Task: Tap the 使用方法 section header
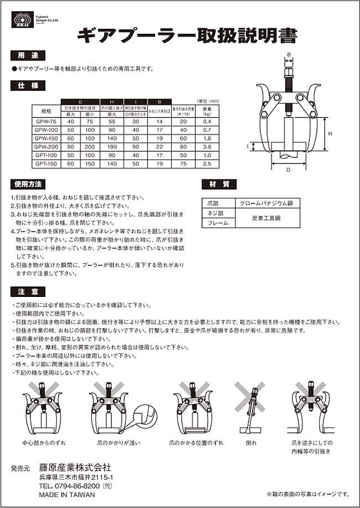tap(27, 184)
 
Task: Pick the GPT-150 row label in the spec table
tap(42, 164)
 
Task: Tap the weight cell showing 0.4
tap(208, 121)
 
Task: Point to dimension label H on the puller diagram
tap(329, 134)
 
